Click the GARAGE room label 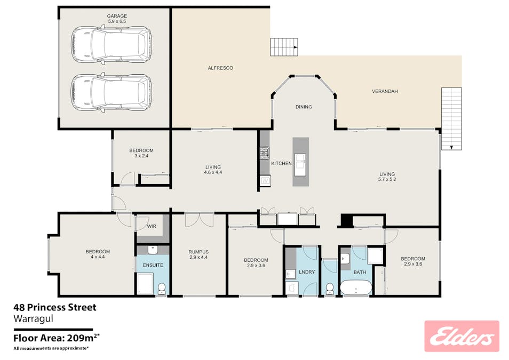pos(117,16)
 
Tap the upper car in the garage pos(111,44)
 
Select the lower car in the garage pos(111,92)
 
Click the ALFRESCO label pos(220,68)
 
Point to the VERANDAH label pos(385,91)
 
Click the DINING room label pos(304,107)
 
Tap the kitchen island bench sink pos(300,164)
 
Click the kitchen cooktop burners pos(265,154)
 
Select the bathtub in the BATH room pos(356,287)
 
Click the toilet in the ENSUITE pos(161,289)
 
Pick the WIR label pos(152,226)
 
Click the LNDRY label pos(307,272)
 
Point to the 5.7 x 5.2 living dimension pos(387,179)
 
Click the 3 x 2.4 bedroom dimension pos(141,156)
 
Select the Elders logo pos(462,337)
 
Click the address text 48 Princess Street pos(55,307)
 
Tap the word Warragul pos(33,318)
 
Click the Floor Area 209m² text pos(56,338)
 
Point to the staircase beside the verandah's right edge pos(451,118)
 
